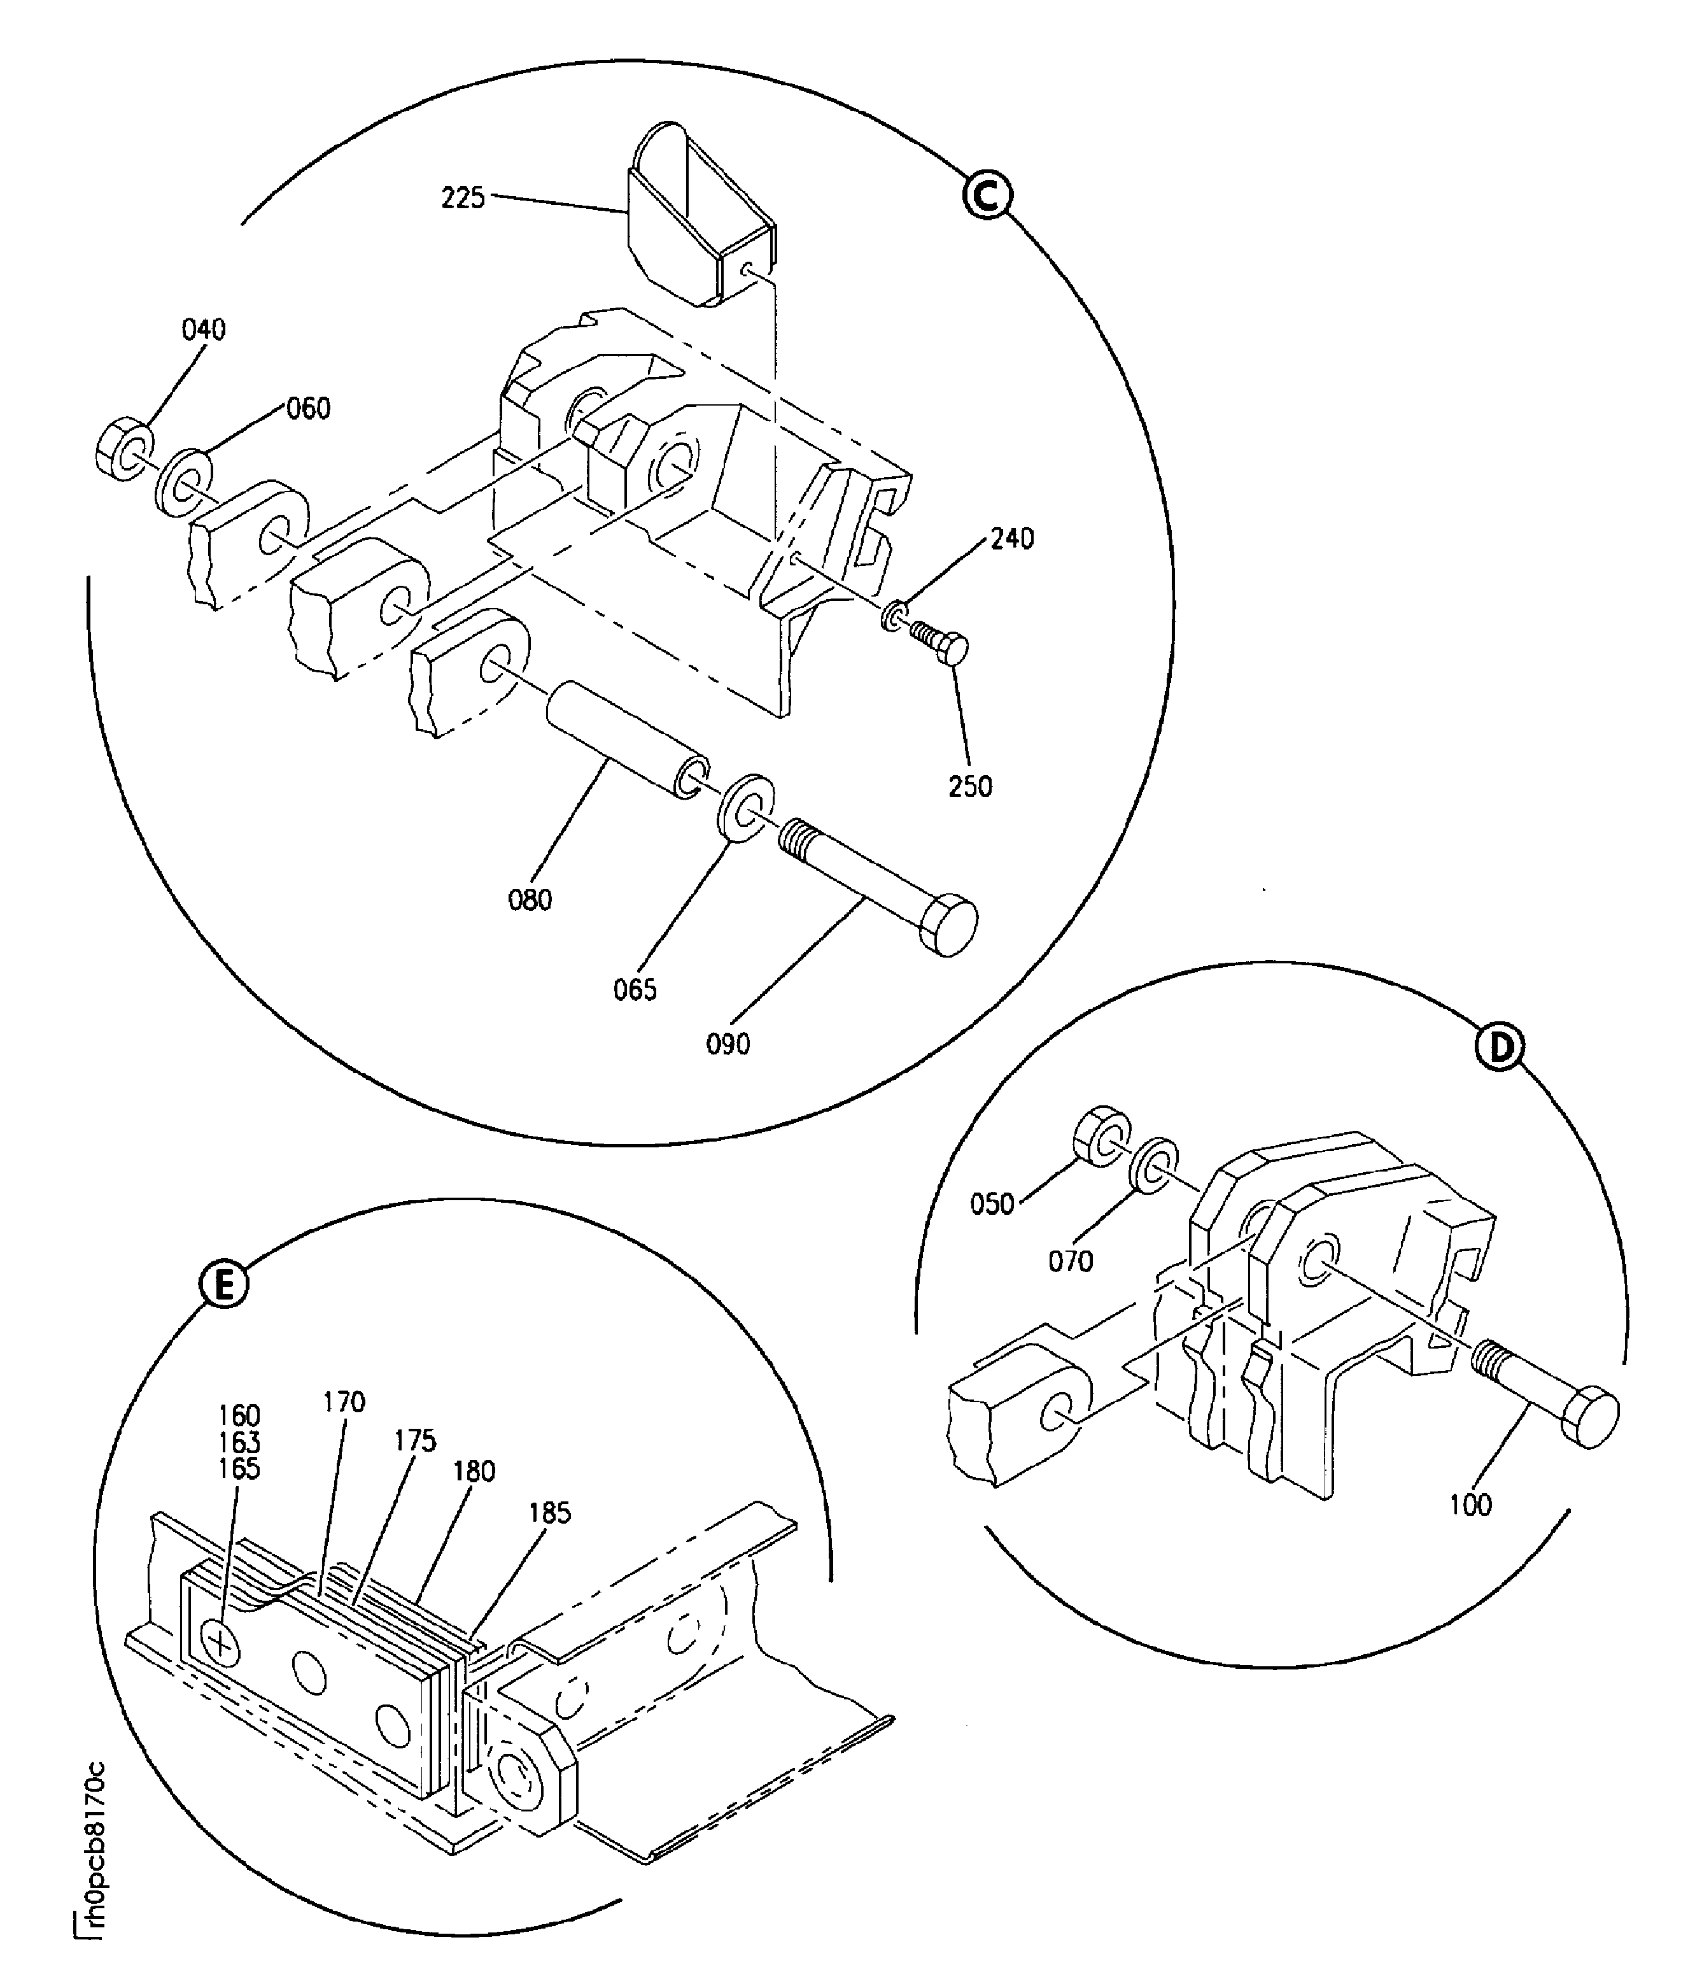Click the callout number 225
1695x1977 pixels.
point(463,199)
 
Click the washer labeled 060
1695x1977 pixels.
point(183,483)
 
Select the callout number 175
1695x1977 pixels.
point(415,1441)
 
